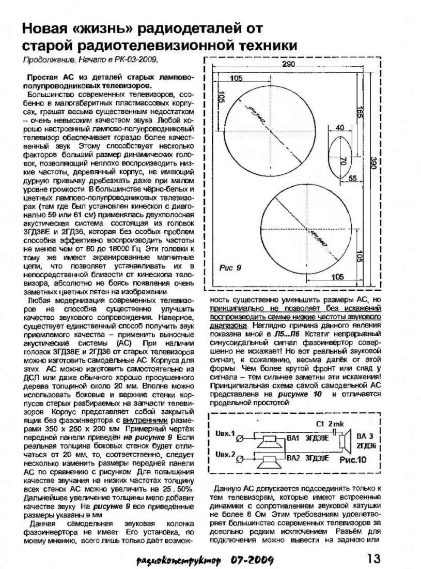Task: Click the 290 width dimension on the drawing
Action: (x=289, y=64)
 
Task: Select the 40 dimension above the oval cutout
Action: (x=339, y=127)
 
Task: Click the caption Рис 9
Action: (x=231, y=267)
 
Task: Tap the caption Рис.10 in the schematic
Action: (x=353, y=459)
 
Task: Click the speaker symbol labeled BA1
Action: (x=270, y=441)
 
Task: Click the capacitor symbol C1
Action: (x=337, y=431)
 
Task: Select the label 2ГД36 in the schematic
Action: (x=366, y=445)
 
